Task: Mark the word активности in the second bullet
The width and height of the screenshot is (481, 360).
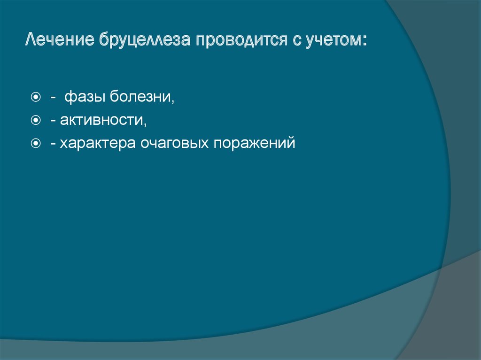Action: click(x=101, y=121)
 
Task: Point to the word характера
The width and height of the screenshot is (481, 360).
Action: click(x=96, y=143)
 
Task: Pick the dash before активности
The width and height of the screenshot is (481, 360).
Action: click(x=54, y=121)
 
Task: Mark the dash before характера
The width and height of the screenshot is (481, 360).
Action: click(x=54, y=144)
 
